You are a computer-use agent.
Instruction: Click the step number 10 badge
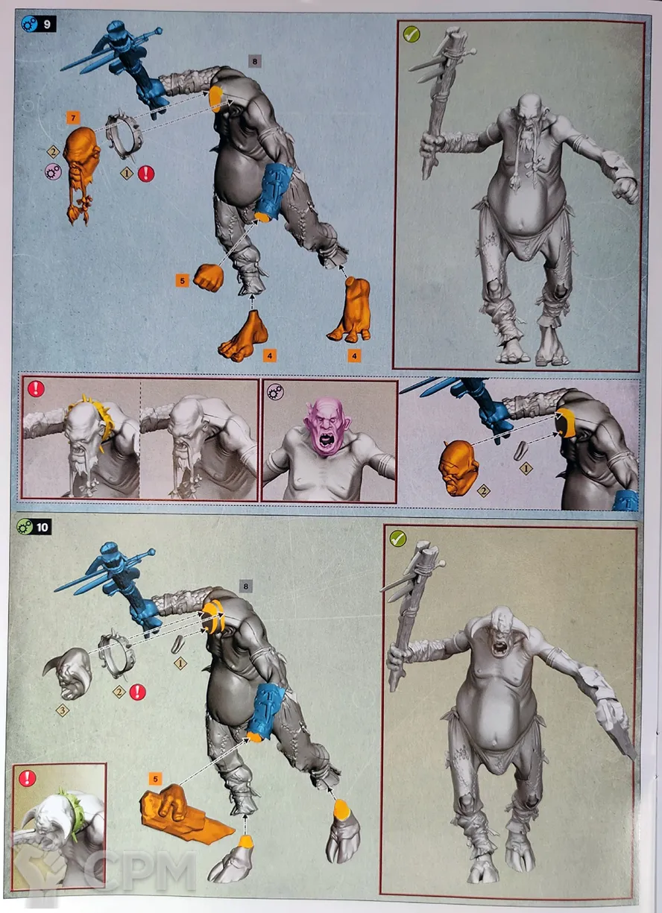[x=34, y=527]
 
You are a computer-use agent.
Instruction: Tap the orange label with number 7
[x=73, y=119]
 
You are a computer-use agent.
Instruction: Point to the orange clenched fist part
[x=208, y=277]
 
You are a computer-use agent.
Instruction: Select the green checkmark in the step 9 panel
[x=412, y=34]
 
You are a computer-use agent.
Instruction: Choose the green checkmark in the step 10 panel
[x=398, y=538]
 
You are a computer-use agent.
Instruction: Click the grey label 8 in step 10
[x=245, y=587]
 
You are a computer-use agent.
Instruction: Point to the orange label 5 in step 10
[x=155, y=779]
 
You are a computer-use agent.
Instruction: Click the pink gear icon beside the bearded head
[x=53, y=171]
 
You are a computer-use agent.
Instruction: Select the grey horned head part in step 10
[x=68, y=675]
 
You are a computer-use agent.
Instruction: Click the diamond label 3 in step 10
[x=63, y=711]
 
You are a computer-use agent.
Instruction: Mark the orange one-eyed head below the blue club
[x=458, y=467]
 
